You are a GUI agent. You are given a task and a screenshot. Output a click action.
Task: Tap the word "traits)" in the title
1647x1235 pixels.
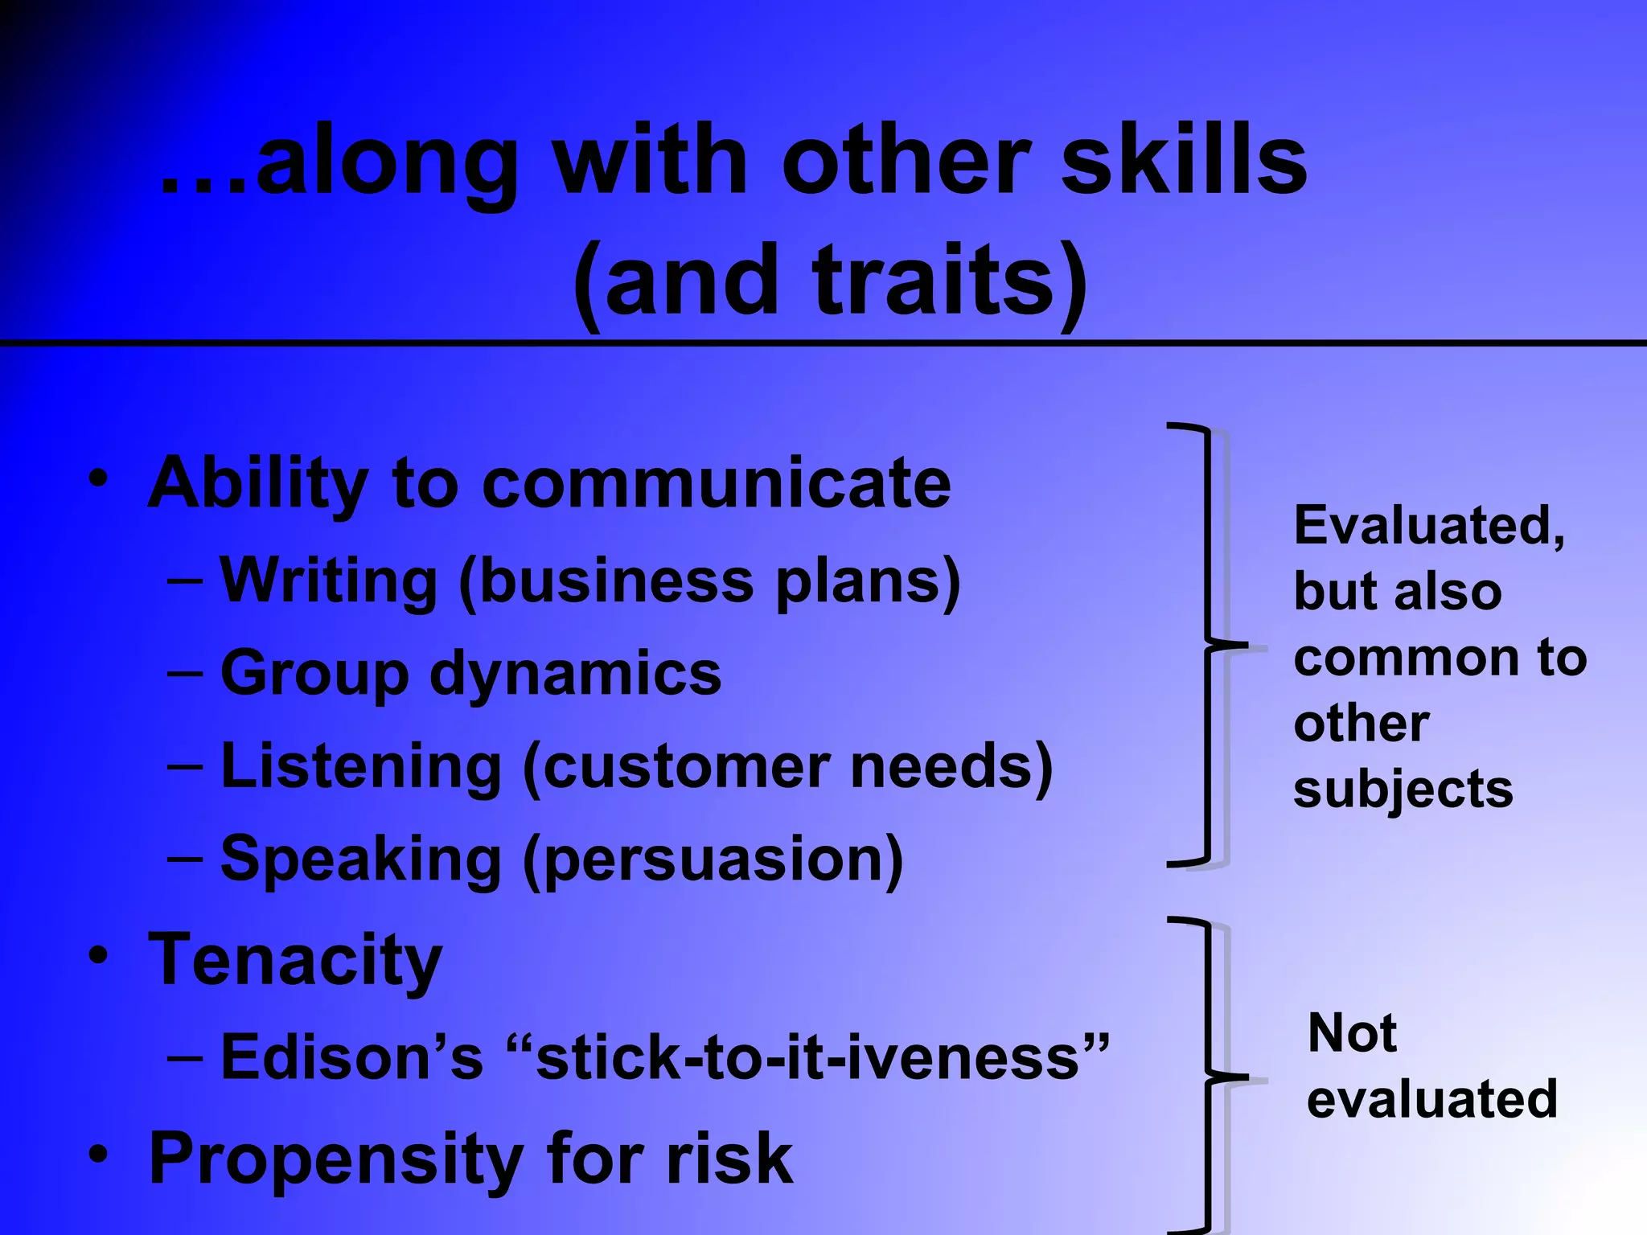click(950, 281)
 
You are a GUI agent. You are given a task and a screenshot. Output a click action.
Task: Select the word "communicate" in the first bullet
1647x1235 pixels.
click(716, 483)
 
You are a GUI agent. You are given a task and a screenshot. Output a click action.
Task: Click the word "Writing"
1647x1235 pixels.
click(328, 581)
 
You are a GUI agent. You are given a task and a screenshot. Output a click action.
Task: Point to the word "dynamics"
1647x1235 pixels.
click(575, 673)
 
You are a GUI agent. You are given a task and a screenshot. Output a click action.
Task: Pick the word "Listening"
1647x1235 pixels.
click(361, 765)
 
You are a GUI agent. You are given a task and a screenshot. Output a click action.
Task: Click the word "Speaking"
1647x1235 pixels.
click(361, 859)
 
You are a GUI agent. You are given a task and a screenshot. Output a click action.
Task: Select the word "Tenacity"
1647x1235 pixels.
click(295, 959)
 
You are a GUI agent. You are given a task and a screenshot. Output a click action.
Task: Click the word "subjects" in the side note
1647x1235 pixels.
click(1403, 790)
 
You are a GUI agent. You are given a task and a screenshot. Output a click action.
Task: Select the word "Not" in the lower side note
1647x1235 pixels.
click(1352, 1032)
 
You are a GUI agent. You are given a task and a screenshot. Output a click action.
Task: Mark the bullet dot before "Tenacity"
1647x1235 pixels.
click(98, 956)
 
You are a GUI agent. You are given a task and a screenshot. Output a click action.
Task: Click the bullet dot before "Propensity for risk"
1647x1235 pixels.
click(98, 1155)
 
